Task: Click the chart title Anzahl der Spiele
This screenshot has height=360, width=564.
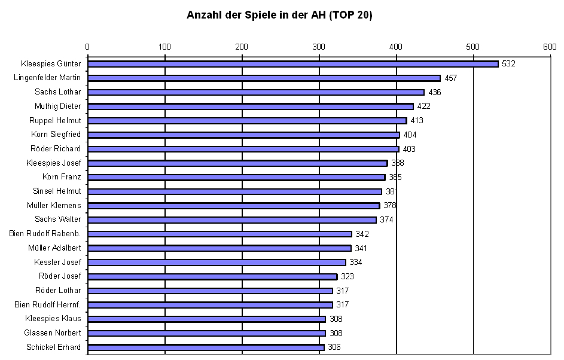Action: click(x=280, y=16)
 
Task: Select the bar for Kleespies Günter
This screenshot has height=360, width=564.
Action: click(x=292, y=64)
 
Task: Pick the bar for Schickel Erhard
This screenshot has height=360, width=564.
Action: click(x=206, y=347)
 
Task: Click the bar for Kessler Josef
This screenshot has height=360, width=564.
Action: click(x=217, y=263)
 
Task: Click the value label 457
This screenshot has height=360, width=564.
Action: click(x=451, y=78)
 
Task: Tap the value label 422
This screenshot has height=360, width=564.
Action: click(x=424, y=106)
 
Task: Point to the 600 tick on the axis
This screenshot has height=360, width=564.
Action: click(x=550, y=47)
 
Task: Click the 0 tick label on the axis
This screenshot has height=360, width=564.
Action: click(x=87, y=47)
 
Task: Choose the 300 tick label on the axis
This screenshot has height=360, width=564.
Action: click(x=319, y=47)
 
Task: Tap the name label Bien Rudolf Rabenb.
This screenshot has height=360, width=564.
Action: click(x=45, y=234)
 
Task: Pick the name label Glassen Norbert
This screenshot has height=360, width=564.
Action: click(x=53, y=333)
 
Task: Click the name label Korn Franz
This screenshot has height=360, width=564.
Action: click(x=62, y=177)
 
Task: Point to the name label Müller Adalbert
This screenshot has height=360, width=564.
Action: click(x=54, y=248)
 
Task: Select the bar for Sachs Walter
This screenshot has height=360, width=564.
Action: click(x=232, y=219)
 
